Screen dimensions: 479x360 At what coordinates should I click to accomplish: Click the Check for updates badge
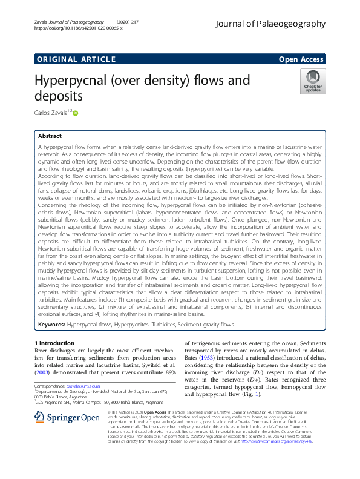[x=313, y=82]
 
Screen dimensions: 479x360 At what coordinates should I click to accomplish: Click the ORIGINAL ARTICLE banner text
[x=75, y=59]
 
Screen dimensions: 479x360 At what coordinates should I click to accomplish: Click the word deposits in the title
[x=58, y=96]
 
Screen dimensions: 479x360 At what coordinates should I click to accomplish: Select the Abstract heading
[x=50, y=137]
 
